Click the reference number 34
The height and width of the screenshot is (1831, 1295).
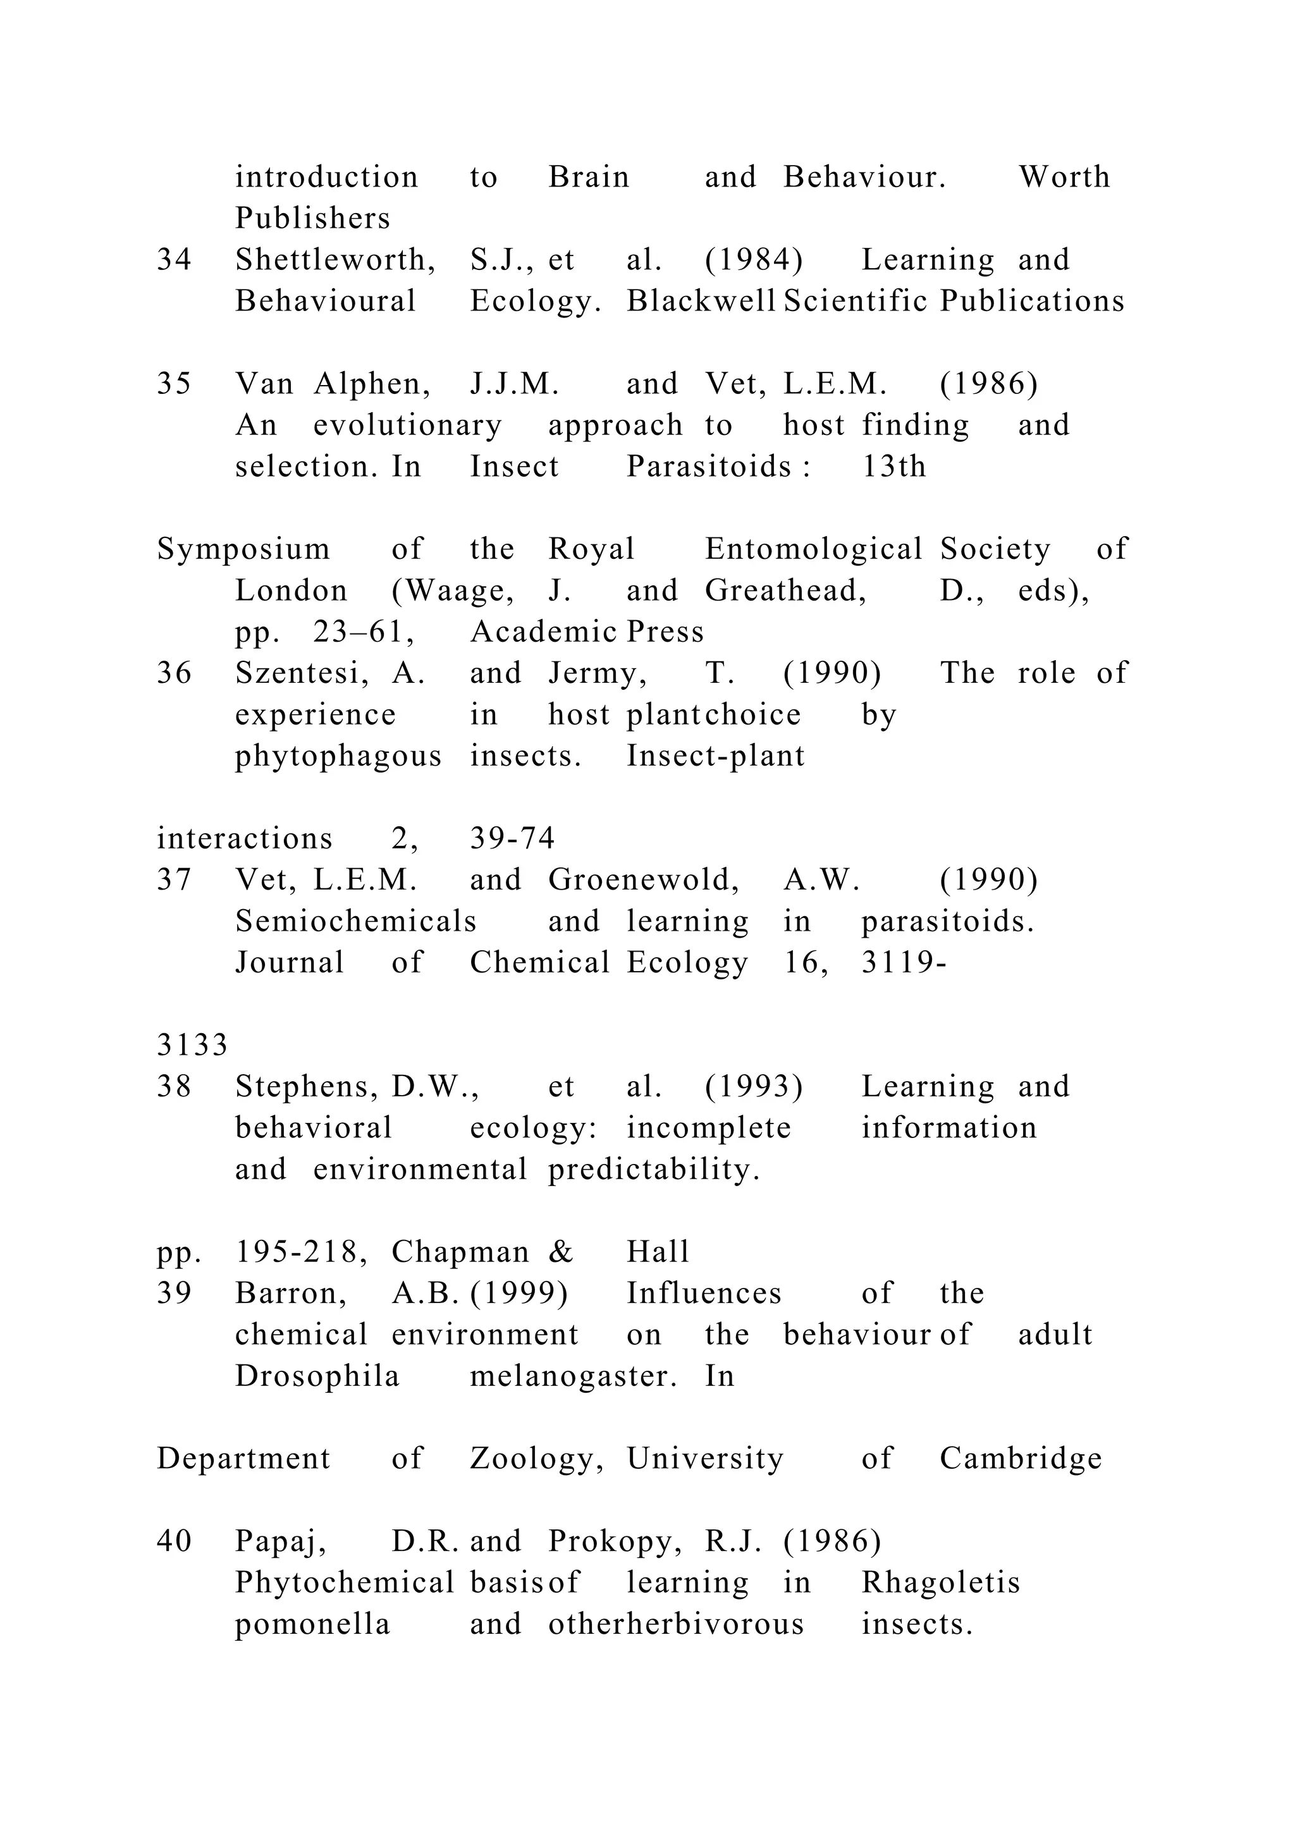coord(174,260)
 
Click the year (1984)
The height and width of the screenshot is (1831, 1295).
coord(754,260)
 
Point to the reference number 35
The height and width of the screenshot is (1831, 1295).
coord(174,384)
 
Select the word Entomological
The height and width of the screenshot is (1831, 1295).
coord(813,549)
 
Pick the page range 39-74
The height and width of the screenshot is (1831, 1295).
coord(512,839)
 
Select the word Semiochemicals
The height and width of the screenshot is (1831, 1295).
coord(355,922)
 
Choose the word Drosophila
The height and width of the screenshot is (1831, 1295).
coord(317,1376)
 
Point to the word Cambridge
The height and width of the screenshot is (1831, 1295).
coord(1021,1459)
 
